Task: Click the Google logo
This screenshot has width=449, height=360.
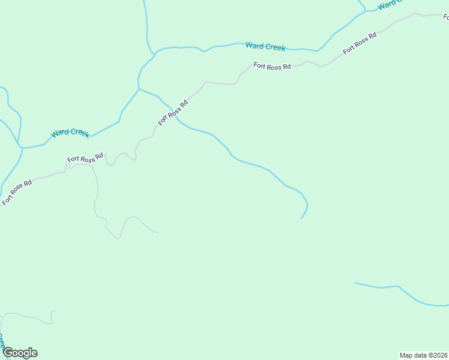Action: [20, 353]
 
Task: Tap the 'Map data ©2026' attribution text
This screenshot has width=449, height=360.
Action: [423, 355]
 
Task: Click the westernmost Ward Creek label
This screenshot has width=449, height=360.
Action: [70, 133]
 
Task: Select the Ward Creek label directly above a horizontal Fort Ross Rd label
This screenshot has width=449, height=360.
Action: [265, 46]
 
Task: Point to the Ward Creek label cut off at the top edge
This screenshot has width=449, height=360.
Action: [390, 5]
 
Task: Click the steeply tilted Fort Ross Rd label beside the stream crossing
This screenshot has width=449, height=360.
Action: [173, 112]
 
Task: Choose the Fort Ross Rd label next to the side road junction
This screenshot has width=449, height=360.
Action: [85, 159]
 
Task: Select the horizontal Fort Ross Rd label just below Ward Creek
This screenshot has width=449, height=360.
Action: [272, 66]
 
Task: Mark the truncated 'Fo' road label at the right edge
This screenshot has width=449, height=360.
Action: [445, 17]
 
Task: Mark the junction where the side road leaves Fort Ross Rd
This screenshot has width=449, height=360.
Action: [91, 166]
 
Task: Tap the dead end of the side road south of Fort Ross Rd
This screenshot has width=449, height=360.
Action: [157, 232]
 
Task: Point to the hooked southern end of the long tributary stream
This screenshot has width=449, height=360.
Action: [301, 218]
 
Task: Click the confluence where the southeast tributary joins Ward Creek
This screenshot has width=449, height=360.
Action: [139, 89]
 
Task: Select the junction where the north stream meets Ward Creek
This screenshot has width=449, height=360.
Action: [155, 52]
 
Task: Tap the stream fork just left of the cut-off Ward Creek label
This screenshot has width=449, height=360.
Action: [366, 11]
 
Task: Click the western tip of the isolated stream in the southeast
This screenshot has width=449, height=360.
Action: [355, 283]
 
